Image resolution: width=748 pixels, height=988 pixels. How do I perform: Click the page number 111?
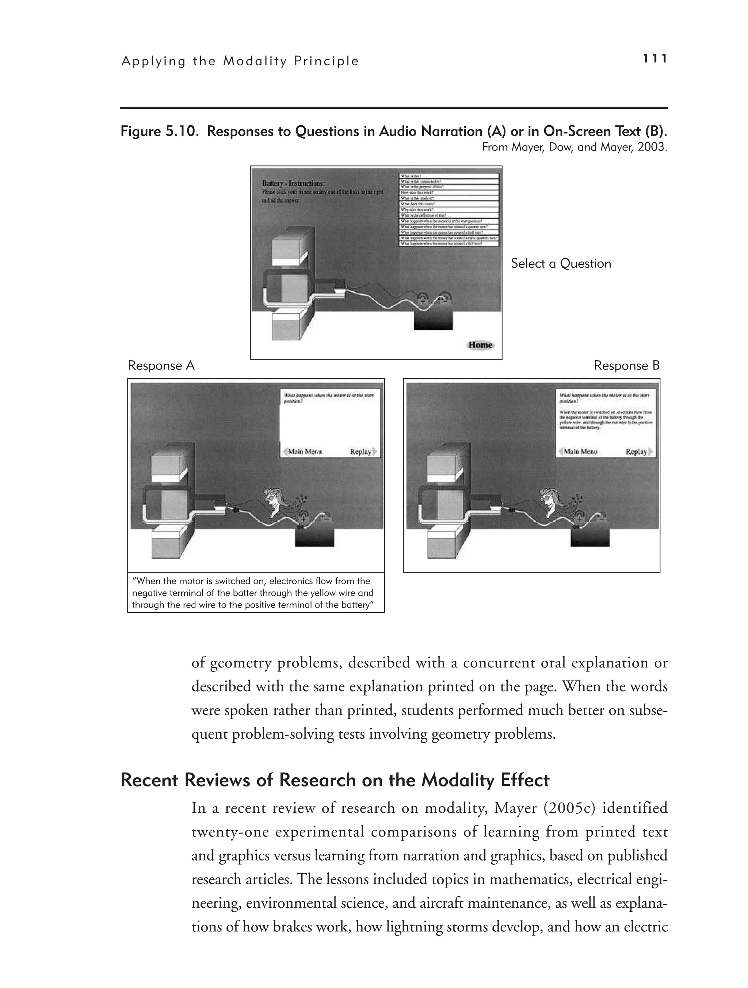pyautogui.click(x=654, y=59)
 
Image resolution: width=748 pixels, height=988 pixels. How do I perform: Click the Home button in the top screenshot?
pyautogui.click(x=480, y=345)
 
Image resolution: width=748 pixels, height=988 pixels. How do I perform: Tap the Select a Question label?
pyautogui.click(x=561, y=264)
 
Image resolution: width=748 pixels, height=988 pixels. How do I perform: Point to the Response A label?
pyautogui.click(x=161, y=366)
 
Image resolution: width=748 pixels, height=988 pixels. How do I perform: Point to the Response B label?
pyautogui.click(x=626, y=366)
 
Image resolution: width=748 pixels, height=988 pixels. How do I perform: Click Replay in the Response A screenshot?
pyautogui.click(x=362, y=452)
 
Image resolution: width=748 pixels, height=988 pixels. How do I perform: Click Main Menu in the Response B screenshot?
pyautogui.click(x=580, y=452)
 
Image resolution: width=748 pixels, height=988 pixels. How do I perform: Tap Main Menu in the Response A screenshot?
pyautogui.click(x=304, y=452)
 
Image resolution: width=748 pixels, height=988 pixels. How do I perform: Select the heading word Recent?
pyautogui.click(x=150, y=780)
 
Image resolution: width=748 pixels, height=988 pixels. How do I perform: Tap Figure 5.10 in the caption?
pyautogui.click(x=159, y=131)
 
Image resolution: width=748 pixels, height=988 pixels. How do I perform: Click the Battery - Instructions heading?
pyautogui.click(x=294, y=184)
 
